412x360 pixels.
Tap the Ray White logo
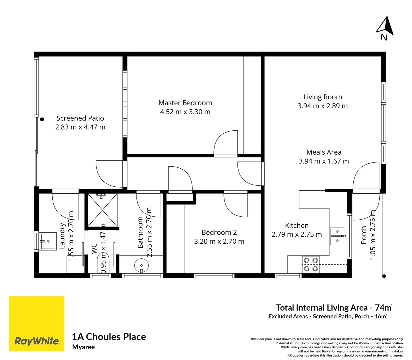37,324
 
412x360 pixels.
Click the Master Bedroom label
185,103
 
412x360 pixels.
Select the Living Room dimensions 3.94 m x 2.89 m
322,106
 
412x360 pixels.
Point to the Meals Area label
324,152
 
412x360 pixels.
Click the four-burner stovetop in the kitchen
311,264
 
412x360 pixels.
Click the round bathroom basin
141,266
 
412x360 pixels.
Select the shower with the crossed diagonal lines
102,210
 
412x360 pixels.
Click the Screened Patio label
80,118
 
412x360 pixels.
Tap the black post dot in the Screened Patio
42,119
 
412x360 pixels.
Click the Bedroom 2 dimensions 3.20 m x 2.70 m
219,241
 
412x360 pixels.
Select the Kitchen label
297,226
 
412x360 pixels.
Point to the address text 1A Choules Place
109,337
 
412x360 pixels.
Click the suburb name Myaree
83,347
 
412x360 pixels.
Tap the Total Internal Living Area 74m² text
334,308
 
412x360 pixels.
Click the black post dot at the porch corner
384,276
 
